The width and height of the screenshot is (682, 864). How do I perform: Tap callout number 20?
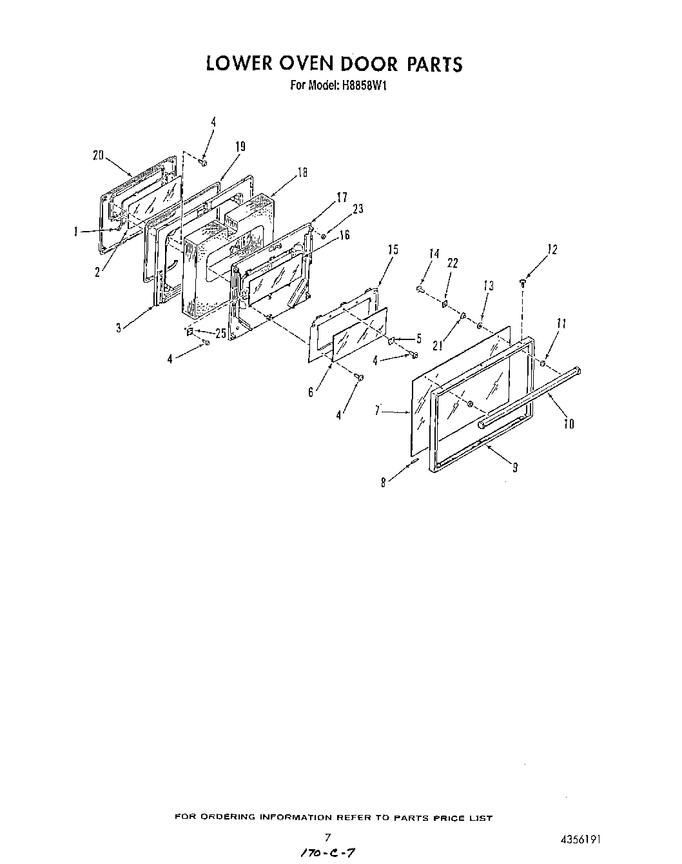point(98,155)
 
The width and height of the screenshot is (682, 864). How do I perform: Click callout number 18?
point(301,172)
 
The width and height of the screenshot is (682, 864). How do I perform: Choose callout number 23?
point(358,208)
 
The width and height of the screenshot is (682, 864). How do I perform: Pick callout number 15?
point(393,250)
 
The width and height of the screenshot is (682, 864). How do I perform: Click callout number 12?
point(552,250)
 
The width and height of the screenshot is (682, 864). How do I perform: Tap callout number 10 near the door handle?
point(569,423)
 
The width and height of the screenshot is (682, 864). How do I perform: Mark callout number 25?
point(220,333)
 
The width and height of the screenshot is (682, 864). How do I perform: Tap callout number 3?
point(119,328)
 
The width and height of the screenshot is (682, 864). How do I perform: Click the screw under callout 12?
point(523,281)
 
